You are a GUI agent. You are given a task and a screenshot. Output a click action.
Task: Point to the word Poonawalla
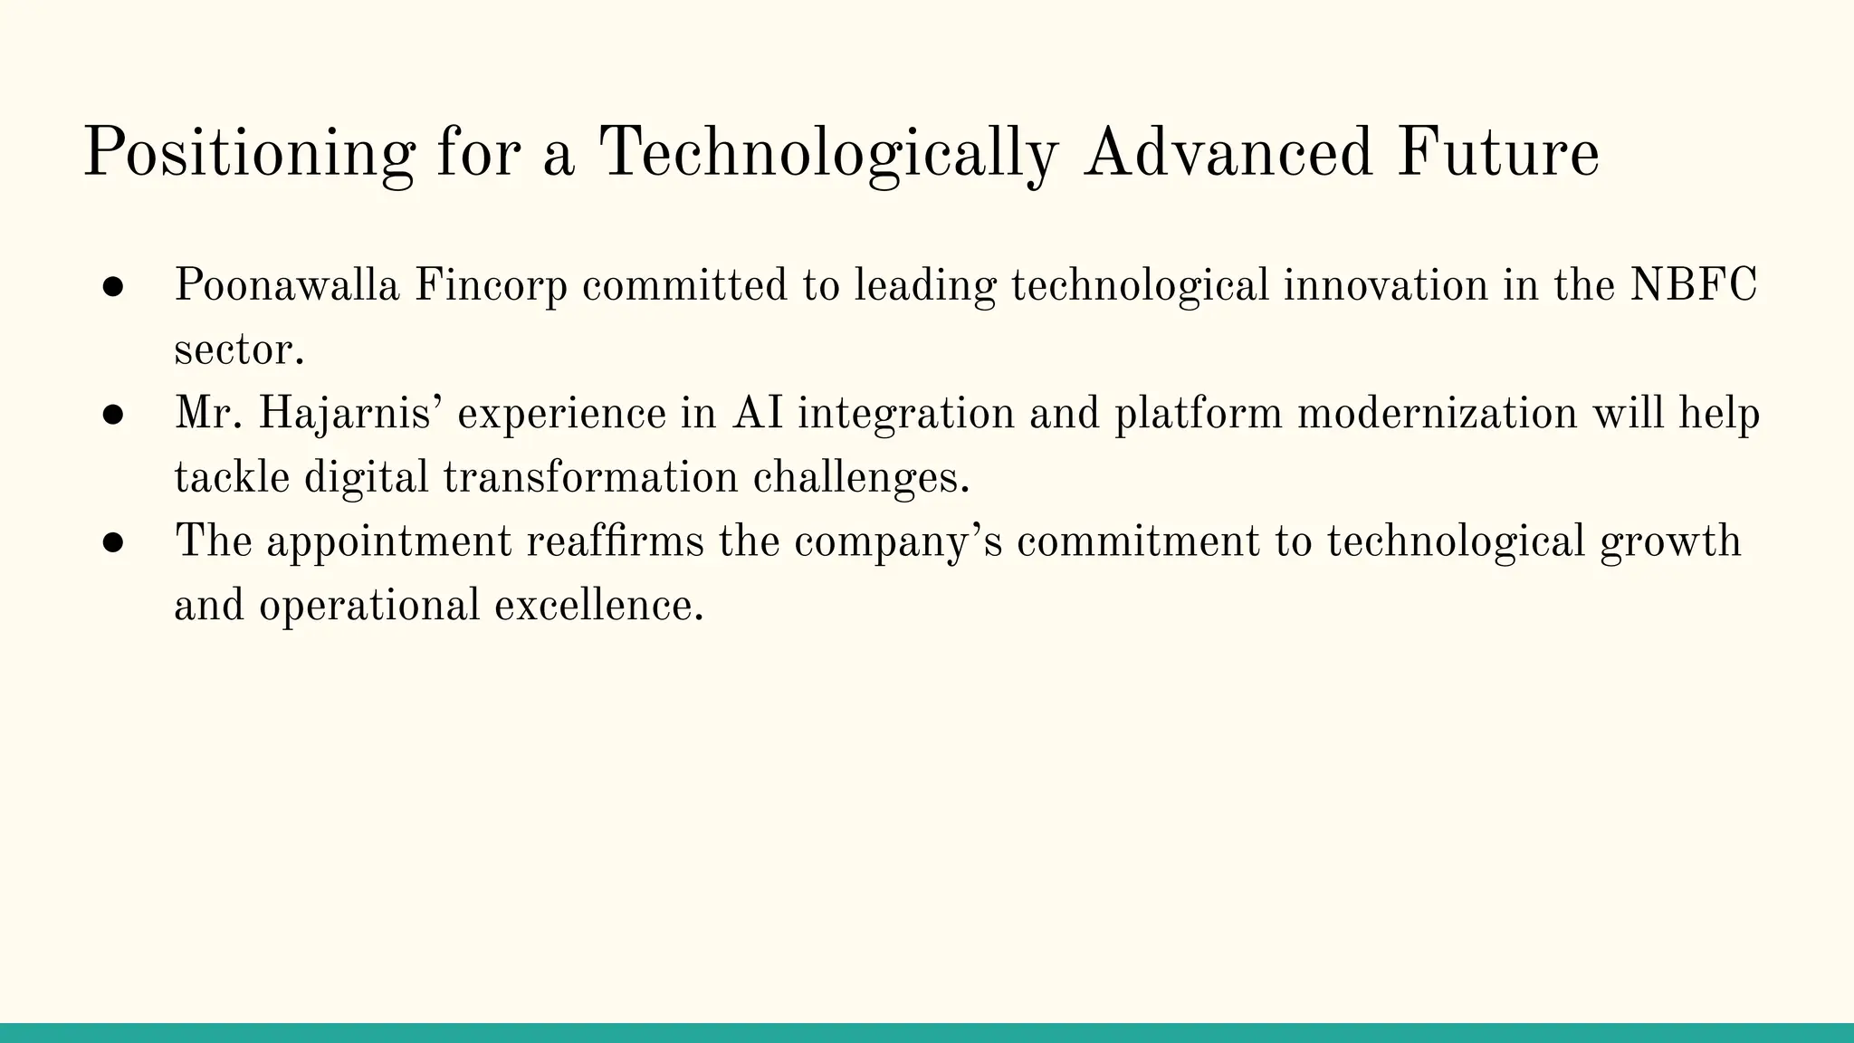[286, 286]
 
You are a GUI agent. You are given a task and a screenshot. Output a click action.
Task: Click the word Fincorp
[491, 286]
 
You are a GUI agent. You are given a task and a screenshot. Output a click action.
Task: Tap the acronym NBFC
[1693, 286]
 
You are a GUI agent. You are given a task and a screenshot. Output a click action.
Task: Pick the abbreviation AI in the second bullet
[758, 415]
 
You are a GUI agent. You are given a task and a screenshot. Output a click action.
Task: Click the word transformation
[590, 478]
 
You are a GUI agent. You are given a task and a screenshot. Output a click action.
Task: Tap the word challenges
[860, 478]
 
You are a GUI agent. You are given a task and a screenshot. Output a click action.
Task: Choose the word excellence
[597, 606]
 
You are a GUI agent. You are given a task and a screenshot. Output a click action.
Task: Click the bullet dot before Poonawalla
[113, 287]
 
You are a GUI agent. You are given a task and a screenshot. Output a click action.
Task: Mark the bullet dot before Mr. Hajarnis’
[113, 415]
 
